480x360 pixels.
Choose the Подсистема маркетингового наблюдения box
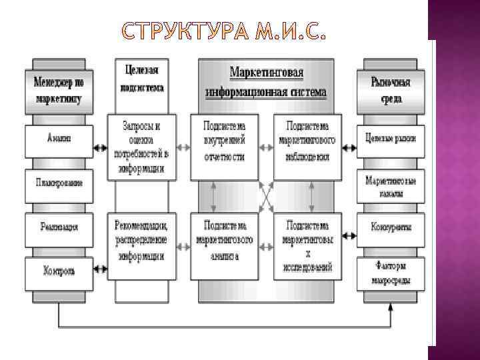pyautogui.click(x=308, y=141)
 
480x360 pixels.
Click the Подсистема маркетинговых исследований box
pyautogui.click(x=308, y=245)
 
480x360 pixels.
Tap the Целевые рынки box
pyautogui.click(x=391, y=139)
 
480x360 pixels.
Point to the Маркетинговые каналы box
pyautogui.click(x=391, y=187)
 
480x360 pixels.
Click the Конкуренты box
pyautogui.click(x=391, y=227)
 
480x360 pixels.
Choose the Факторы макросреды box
pyautogui.click(x=391, y=273)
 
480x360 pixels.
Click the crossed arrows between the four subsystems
pyautogui.click(x=266, y=197)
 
